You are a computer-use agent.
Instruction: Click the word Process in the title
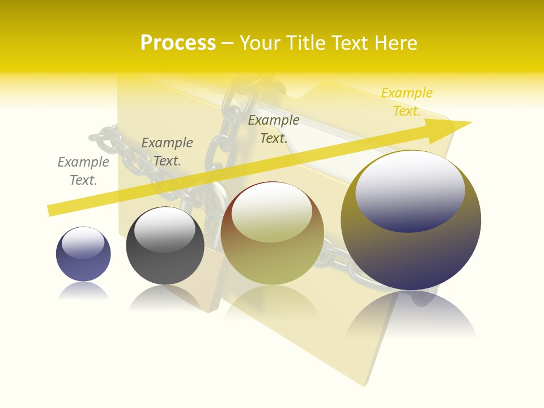point(178,42)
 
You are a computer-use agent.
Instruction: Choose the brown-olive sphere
point(272,261)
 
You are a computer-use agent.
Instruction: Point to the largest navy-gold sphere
point(411,255)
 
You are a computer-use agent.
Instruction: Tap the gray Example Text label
point(83,171)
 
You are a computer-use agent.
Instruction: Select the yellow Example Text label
point(407,102)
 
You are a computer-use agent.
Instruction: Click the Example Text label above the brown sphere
point(274,129)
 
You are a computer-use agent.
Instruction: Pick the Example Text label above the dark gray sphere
point(167,152)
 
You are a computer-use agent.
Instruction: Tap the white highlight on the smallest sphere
point(83,243)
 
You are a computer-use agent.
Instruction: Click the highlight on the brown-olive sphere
point(272,212)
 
